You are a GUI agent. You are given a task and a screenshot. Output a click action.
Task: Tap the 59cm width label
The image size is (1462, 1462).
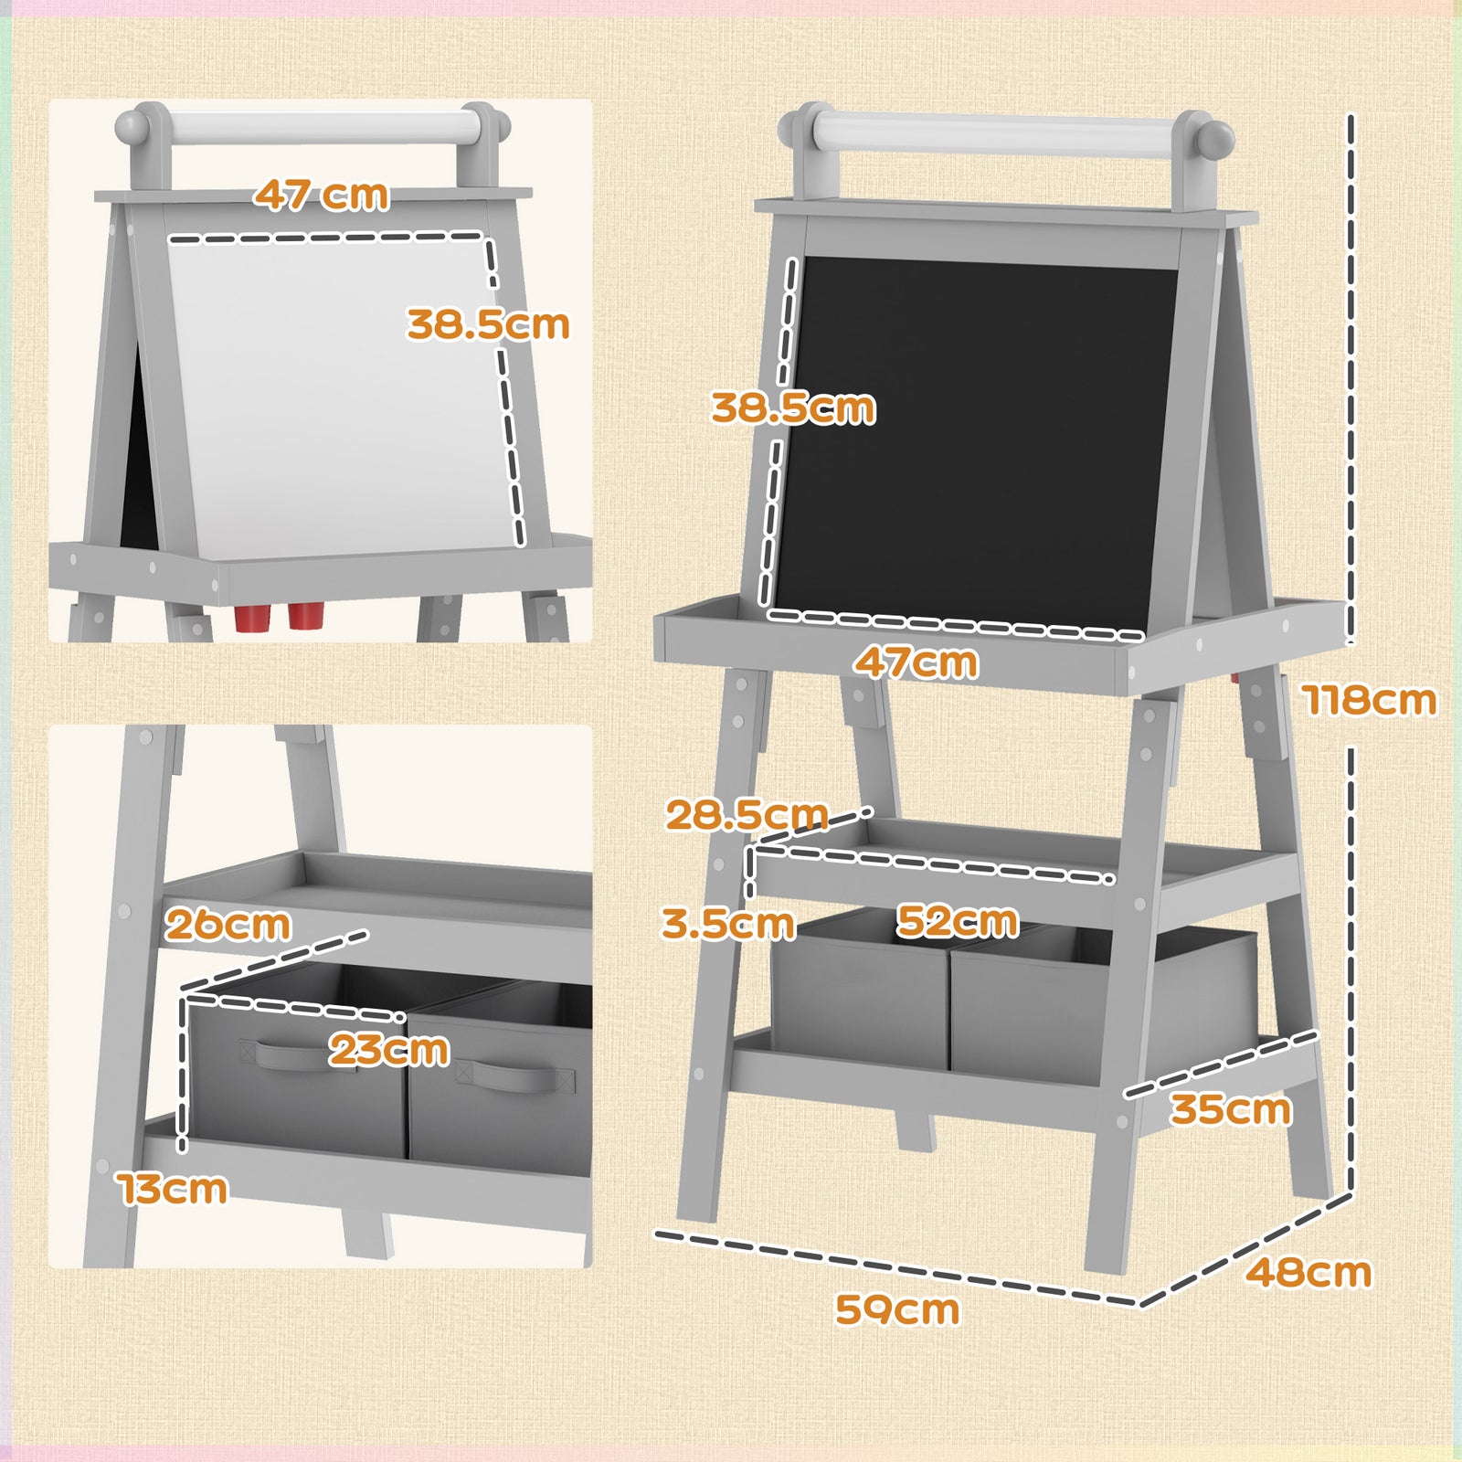pyautogui.click(x=897, y=1309)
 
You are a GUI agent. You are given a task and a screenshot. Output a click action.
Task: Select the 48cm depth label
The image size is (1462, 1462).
pyautogui.click(x=1308, y=1272)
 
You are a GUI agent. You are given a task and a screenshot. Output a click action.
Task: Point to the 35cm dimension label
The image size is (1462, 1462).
pyautogui.click(x=1230, y=1109)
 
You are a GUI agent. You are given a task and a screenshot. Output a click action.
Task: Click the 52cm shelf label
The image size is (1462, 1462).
pyautogui.click(x=957, y=920)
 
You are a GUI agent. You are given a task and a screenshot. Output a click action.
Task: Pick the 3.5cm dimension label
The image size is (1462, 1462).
pyautogui.click(x=727, y=924)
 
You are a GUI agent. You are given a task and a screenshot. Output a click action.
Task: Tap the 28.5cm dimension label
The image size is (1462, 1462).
pyautogui.click(x=746, y=814)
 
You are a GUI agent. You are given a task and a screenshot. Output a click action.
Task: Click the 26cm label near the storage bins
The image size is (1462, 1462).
pyautogui.click(x=228, y=925)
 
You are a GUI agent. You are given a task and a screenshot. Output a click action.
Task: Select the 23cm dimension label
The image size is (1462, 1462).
pyautogui.click(x=389, y=1049)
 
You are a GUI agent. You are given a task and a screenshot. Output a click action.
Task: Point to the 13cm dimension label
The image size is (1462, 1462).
pyautogui.click(x=173, y=1189)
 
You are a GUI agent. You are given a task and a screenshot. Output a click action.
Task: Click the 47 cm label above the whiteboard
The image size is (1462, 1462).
pyautogui.click(x=321, y=195)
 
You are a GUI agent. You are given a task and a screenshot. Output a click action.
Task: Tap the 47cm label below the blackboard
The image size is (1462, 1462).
pyautogui.click(x=916, y=662)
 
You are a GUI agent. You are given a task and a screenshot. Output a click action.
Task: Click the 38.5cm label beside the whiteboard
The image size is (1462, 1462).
pyautogui.click(x=488, y=324)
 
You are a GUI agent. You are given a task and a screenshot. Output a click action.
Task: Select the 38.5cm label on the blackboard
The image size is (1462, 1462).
pyautogui.click(x=793, y=408)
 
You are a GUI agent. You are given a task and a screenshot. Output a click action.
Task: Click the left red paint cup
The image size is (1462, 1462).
pyautogui.click(x=252, y=618)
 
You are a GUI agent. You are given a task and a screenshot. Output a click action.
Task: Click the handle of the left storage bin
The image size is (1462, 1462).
pyautogui.click(x=293, y=1054)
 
